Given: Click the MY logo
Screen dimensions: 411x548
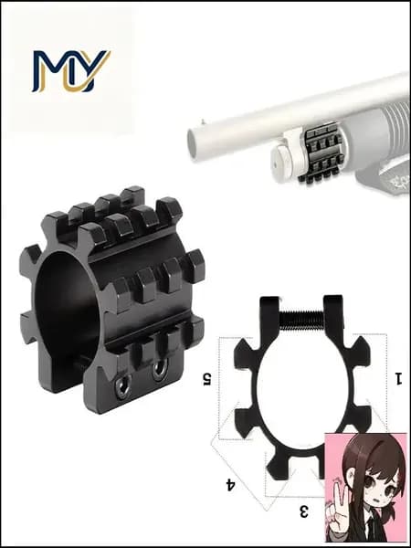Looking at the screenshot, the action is point(71,71).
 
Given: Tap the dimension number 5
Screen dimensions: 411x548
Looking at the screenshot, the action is point(207,379).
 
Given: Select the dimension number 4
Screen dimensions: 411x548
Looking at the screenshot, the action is point(230,485).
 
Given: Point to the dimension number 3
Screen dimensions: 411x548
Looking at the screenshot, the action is point(304,511).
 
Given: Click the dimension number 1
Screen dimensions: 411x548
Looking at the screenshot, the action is point(398,378).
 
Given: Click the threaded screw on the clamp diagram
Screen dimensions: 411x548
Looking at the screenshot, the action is point(302,321).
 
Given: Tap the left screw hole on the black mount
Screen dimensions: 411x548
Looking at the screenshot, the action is point(123,387).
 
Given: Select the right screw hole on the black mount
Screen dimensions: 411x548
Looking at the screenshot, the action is point(160,369).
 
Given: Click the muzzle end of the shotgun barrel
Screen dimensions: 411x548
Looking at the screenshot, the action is point(192,144).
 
